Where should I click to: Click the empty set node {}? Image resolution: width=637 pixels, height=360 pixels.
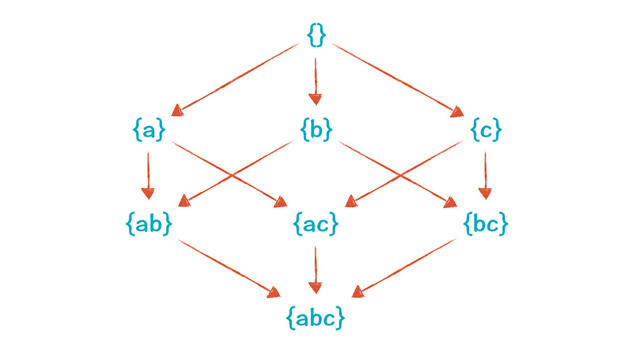tap(316, 35)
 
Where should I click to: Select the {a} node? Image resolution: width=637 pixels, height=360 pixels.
tap(149, 129)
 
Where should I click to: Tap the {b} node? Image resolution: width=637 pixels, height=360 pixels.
tap(316, 129)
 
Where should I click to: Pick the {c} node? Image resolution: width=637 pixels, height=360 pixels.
tap(486, 129)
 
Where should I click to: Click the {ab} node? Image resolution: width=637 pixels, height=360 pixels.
tap(149, 223)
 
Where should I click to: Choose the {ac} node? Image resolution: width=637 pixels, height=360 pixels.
tap(316, 223)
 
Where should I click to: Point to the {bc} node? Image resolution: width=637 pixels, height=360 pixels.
tap(485, 223)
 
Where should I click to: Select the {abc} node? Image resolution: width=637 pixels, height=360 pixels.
tap(316, 318)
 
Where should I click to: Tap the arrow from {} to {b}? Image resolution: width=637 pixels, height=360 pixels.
tap(315, 81)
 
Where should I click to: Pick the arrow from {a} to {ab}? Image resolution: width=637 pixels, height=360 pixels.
tap(148, 175)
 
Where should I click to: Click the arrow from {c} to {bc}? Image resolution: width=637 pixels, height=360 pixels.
tap(485, 175)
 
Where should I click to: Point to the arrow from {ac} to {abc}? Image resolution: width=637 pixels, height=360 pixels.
tap(315, 270)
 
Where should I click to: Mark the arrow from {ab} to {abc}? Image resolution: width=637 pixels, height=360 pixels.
tap(229, 268)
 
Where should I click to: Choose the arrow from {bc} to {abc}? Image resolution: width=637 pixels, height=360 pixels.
tap(404, 268)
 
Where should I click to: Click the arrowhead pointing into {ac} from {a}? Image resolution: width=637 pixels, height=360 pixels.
tap(281, 202)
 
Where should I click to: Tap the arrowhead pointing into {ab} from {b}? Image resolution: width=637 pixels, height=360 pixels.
tap(184, 201)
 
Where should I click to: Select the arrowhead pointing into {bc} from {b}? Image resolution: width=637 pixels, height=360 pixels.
tap(451, 202)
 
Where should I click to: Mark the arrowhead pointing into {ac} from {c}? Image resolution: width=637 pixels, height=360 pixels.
tap(351, 201)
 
